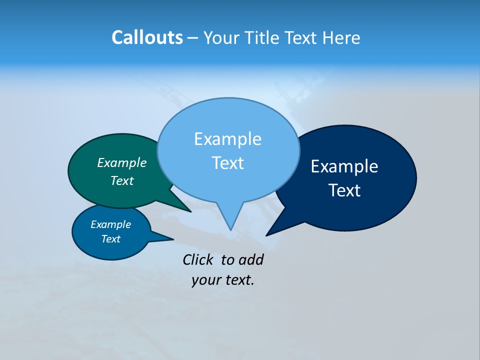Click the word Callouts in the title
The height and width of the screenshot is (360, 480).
coord(147,37)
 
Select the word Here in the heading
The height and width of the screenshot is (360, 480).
coord(341,37)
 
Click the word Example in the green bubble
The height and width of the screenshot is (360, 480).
coord(122,163)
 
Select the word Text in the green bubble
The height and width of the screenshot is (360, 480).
coord(122,181)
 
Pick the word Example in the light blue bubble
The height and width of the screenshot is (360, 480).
coord(227,139)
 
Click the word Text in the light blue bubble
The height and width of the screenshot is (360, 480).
coord(227,163)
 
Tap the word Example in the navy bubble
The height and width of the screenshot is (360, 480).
coord(344,166)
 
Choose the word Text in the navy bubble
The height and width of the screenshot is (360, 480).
coord(344,190)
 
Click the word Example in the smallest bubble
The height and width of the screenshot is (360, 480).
coord(110,224)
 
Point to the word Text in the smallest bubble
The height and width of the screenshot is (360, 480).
coord(110,239)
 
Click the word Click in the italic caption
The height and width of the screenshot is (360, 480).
coord(198,260)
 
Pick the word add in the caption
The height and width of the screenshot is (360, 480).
coord(250,260)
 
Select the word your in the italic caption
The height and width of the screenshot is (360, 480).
coord(205,280)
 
